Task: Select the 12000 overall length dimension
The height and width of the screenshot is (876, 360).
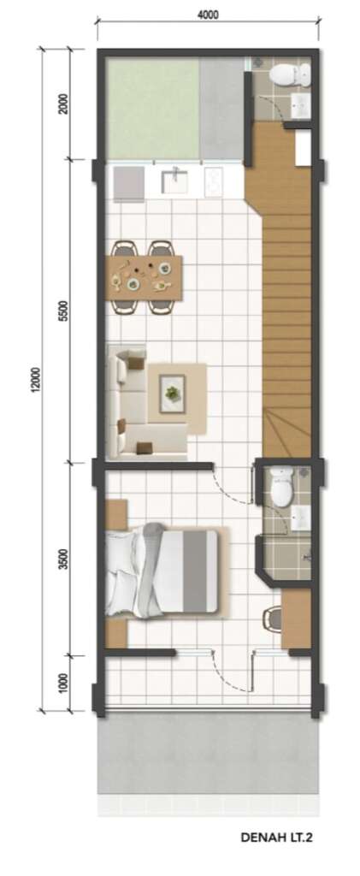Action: (36, 380)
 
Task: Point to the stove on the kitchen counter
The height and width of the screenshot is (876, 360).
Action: (214, 181)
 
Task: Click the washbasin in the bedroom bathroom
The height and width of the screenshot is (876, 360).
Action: (301, 518)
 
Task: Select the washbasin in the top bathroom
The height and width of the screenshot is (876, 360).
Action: (301, 105)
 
